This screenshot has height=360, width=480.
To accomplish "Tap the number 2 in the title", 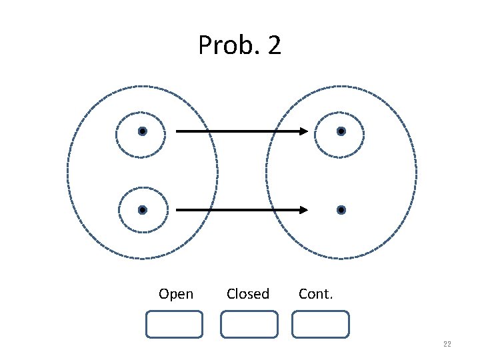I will coord(273,46).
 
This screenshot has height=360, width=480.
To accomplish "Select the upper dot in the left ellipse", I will coord(142,131).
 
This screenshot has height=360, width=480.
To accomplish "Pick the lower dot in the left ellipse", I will coord(142,210).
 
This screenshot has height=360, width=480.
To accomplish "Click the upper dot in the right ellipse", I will coord(341,131).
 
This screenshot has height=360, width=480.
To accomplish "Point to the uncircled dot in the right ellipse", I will coord(341,210).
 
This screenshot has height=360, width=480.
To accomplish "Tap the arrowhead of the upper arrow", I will coord(303,131).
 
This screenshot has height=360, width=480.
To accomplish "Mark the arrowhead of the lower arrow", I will coord(303,210).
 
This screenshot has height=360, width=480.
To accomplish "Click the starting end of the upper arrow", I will coord(177,131).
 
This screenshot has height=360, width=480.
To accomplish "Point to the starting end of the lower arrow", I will coord(177,210).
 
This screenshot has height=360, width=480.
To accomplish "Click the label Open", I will coord(176,294).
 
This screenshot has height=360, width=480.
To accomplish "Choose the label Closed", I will coord(248,294).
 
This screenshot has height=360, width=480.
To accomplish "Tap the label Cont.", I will coord(316,294).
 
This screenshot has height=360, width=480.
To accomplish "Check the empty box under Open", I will coord(174,324).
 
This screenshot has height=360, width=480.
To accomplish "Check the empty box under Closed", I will coord(249,324).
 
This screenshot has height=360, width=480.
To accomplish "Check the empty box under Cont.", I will coord(321,324).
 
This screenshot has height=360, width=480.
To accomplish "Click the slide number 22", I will coord(447,344).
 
